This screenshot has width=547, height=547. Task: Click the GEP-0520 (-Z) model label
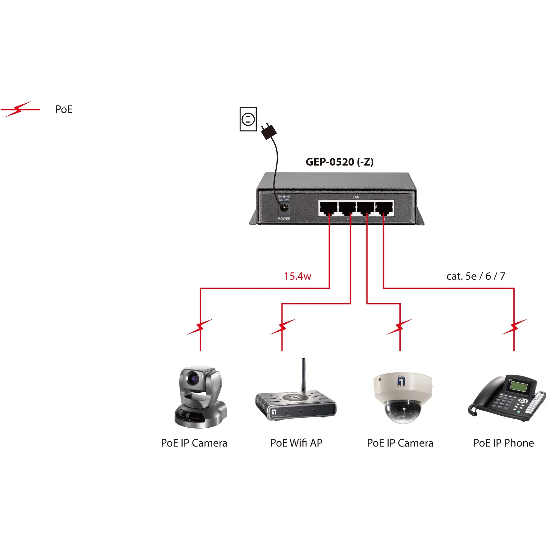pos(339,162)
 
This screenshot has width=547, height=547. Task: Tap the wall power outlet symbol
pos(248,119)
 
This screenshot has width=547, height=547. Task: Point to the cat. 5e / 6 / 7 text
pos(475,276)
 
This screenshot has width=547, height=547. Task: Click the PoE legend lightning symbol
pos(19,109)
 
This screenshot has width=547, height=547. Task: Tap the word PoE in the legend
pos(64,109)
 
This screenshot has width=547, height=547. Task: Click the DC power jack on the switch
pos(283,208)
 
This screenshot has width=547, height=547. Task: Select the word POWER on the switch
pos(284,219)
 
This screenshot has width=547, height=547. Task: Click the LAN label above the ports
pos(356,197)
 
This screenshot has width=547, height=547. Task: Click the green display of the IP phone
pos(519,386)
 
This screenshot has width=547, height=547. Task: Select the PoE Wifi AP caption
pos(296,443)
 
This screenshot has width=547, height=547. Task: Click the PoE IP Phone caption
pos(503,443)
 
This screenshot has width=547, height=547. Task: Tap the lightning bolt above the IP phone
pos(514,327)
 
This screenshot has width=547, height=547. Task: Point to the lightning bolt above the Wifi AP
pos(282,327)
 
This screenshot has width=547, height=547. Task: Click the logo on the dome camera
pos(401,381)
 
